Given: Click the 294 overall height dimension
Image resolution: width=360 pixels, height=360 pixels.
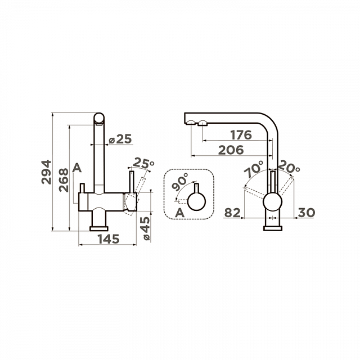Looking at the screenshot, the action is pyautogui.click(x=46, y=172).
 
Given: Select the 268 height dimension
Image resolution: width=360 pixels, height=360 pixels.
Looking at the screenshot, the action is pyautogui.click(x=64, y=180).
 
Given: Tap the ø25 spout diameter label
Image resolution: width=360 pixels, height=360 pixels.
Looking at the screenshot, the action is pyautogui.click(x=120, y=139).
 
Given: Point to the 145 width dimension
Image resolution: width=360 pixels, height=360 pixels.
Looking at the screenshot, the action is pyautogui.click(x=109, y=239).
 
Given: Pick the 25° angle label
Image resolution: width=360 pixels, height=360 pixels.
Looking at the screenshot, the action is pyautogui.click(x=143, y=163).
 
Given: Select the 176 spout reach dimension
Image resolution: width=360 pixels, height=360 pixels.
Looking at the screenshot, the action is pyautogui.click(x=241, y=135).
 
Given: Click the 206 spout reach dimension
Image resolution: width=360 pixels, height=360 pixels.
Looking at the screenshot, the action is pyautogui.click(x=231, y=150).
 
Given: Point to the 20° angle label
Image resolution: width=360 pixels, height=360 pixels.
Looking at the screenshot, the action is pyautogui.click(x=289, y=166).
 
